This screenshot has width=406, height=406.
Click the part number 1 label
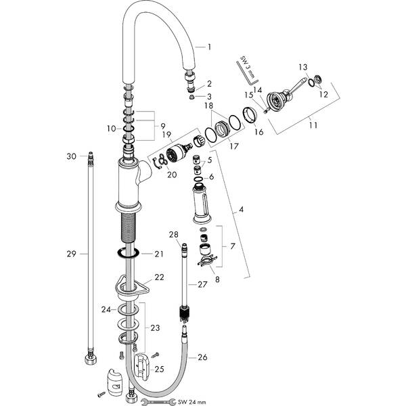tap(210, 47)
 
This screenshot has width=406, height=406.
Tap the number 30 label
tap(70, 156)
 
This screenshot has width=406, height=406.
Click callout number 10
tap(112, 127)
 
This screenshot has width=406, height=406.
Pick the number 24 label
tap(106, 310)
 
